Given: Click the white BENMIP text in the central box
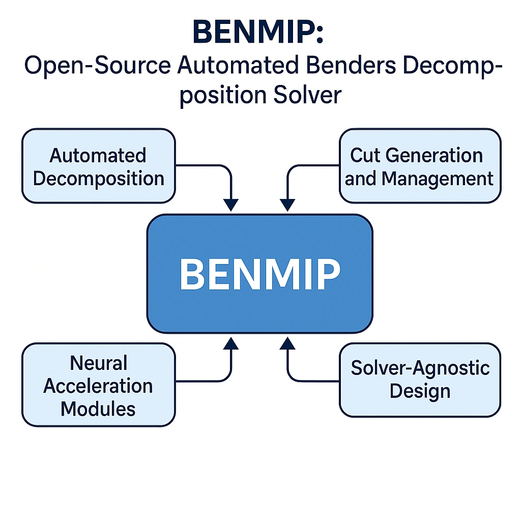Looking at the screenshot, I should [x=260, y=274].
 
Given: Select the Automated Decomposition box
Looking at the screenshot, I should [x=98, y=166].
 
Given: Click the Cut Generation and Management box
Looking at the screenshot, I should [x=419, y=166].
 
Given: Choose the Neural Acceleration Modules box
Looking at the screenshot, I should [x=98, y=385].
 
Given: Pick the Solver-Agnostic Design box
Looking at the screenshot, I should [x=419, y=380].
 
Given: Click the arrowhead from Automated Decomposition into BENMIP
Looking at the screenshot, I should [x=231, y=205].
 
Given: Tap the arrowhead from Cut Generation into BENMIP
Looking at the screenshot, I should [x=288, y=205].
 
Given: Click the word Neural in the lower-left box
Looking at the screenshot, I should [x=98, y=363].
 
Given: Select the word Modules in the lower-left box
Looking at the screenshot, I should [x=98, y=408].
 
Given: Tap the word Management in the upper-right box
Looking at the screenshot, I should [x=438, y=179].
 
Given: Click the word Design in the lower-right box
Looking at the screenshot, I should [x=420, y=391].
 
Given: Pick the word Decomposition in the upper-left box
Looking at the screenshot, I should [x=98, y=179].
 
